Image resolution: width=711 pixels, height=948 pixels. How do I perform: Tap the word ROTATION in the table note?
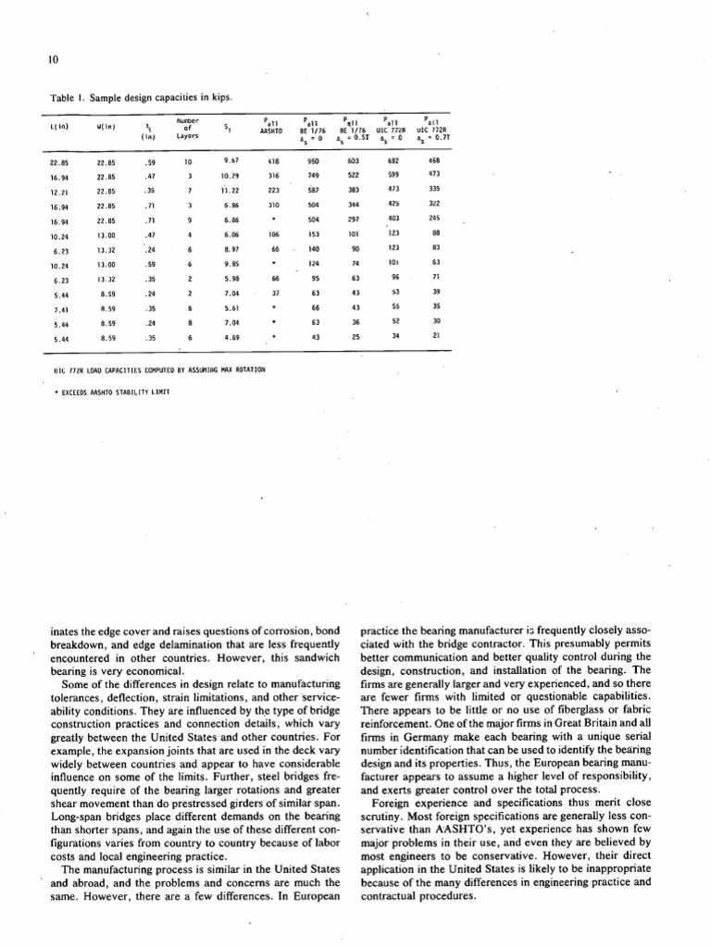point(248,369)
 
